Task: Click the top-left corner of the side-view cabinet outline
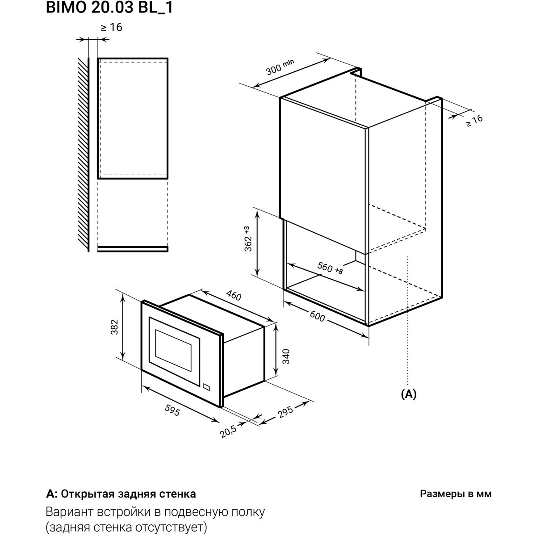pyautogui.click(x=98, y=59)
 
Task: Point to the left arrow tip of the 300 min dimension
pyautogui.click(x=252, y=88)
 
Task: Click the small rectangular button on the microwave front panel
pyautogui.click(x=206, y=387)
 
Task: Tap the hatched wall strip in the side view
pyautogui.click(x=84, y=155)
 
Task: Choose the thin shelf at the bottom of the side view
pyautogui.click(x=133, y=249)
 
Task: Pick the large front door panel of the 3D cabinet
pyautogui.click(x=324, y=175)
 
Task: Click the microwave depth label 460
pyautogui.click(x=234, y=296)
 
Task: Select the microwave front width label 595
pyautogui.click(x=172, y=410)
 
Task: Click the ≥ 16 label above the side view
pyautogui.click(x=112, y=27)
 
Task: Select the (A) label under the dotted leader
pyautogui.click(x=409, y=394)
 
